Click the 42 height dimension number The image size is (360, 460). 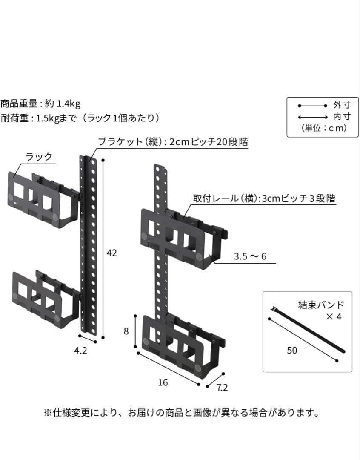[111, 253]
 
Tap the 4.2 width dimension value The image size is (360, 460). [81, 351]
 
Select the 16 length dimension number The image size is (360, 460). [163, 382]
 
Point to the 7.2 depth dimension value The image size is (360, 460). [222, 388]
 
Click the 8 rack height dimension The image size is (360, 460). [126, 331]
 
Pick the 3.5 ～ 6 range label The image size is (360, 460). [250, 257]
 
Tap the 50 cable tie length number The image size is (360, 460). [292, 350]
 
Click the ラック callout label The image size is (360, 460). [39, 157]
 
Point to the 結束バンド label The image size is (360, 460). [321, 305]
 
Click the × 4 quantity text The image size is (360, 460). [334, 317]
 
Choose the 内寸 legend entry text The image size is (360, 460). [342, 117]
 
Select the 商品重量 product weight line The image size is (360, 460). [40, 103]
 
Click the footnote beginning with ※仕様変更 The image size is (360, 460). [181, 413]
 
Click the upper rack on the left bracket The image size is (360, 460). [43, 199]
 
